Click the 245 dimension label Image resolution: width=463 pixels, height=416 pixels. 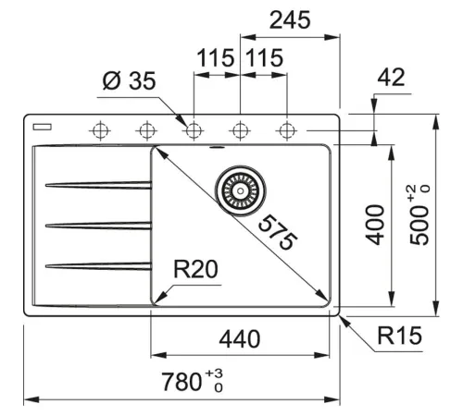point(290,20)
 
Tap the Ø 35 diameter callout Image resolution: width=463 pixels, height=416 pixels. point(129,80)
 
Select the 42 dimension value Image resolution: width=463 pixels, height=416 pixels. point(391,77)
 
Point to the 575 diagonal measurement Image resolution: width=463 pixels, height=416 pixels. point(277,232)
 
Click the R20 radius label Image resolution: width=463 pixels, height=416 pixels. point(195,269)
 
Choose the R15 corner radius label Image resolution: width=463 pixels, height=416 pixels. point(399,335)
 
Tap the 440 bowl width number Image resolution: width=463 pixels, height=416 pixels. point(240,339)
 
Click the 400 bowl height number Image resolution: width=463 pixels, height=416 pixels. point(375,225)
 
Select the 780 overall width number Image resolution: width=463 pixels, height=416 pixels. point(181,382)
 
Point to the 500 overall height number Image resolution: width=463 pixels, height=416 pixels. point(419,225)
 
